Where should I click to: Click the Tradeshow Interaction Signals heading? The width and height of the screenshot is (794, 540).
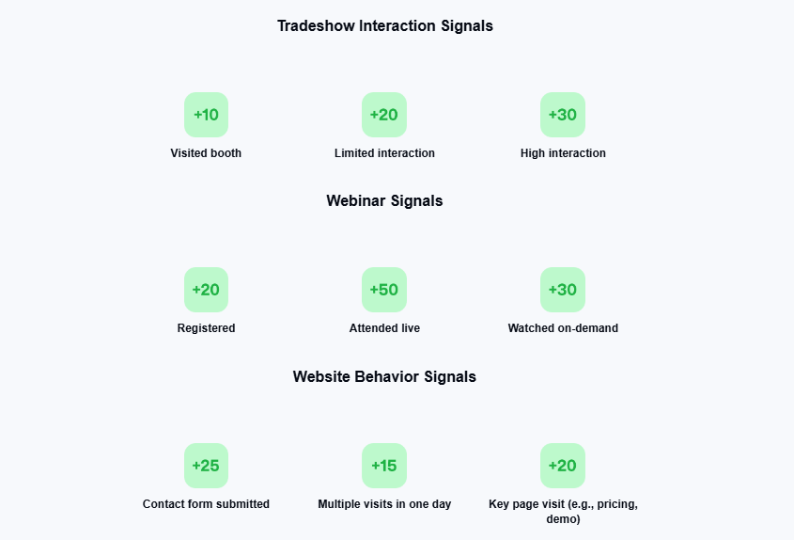tap(385, 25)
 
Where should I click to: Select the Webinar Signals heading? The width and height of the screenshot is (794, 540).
tap(384, 200)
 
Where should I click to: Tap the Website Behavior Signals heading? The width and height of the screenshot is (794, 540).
tap(384, 376)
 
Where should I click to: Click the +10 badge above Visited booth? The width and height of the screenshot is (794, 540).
tap(206, 115)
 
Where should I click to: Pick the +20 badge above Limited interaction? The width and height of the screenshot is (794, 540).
tap(384, 115)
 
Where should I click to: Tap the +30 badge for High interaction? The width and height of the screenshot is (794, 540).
tap(563, 115)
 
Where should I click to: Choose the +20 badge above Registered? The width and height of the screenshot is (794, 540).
tap(206, 290)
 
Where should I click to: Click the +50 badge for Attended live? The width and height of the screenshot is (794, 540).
tap(384, 290)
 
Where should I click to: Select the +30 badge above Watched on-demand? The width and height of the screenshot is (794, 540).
tap(563, 290)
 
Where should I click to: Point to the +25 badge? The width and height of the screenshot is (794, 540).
tap(206, 466)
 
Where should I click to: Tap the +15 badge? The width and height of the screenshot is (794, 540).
tap(384, 466)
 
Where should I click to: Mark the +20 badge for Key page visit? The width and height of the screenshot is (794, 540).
tap(563, 466)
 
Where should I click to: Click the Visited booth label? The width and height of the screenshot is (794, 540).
tap(206, 153)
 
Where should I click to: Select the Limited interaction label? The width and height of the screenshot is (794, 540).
tap(384, 153)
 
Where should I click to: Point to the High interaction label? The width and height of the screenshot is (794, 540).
tap(563, 153)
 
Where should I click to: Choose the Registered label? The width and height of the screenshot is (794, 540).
tap(206, 328)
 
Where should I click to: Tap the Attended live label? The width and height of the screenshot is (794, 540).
tap(384, 328)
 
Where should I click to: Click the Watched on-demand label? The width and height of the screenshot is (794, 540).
tap(563, 328)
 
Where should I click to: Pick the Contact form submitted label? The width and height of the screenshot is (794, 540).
tap(206, 504)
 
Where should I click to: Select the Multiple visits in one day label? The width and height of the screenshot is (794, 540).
tap(384, 504)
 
